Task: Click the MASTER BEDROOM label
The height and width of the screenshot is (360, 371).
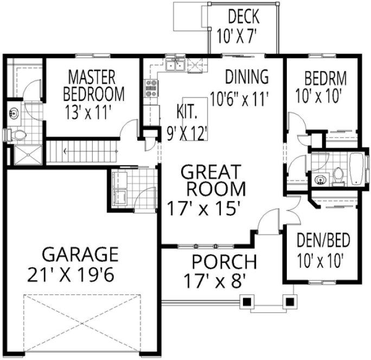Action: coord(93,83)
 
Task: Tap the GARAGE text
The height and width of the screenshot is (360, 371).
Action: coord(80,254)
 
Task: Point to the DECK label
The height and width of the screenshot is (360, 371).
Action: coord(243,16)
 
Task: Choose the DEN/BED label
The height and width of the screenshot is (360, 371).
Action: coord(323,239)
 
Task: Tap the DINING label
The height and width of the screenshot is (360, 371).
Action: coord(247,77)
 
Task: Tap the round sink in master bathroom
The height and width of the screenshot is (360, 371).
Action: coord(14,113)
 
